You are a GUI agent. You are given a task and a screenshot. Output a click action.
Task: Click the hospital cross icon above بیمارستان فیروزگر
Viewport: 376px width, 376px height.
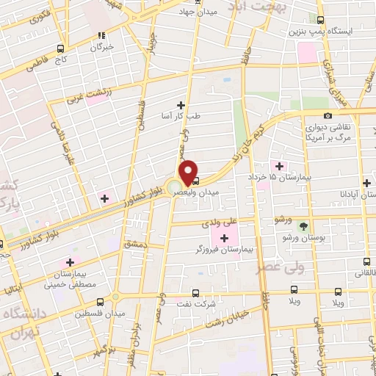tap(223, 237)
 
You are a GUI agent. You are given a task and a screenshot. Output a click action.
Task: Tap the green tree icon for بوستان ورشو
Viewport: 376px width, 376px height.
tap(305, 225)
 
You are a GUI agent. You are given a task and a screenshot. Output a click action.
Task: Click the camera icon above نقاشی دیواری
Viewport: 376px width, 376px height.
tap(328, 115)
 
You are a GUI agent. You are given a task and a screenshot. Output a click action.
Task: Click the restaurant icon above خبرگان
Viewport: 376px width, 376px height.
tap(102, 34)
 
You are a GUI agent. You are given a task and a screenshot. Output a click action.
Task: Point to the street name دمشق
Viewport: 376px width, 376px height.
tap(137, 243)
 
